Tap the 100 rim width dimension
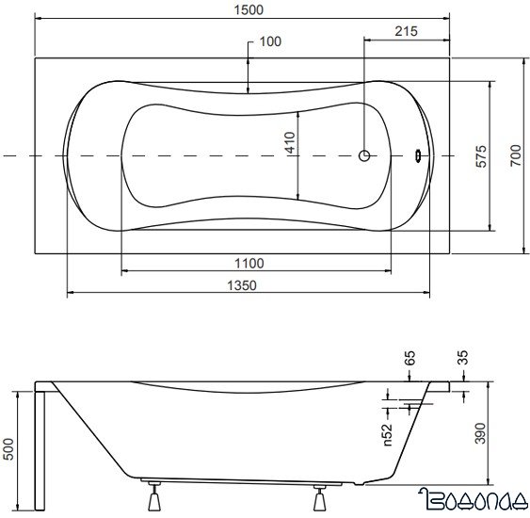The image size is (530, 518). click(270, 41)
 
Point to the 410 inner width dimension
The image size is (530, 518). click(290, 143)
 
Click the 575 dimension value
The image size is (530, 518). click(480, 156)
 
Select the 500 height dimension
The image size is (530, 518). click(9, 449)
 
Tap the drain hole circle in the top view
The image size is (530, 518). click(365, 156)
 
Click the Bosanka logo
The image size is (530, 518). click(475, 500)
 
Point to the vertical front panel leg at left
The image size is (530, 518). click(40, 443)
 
